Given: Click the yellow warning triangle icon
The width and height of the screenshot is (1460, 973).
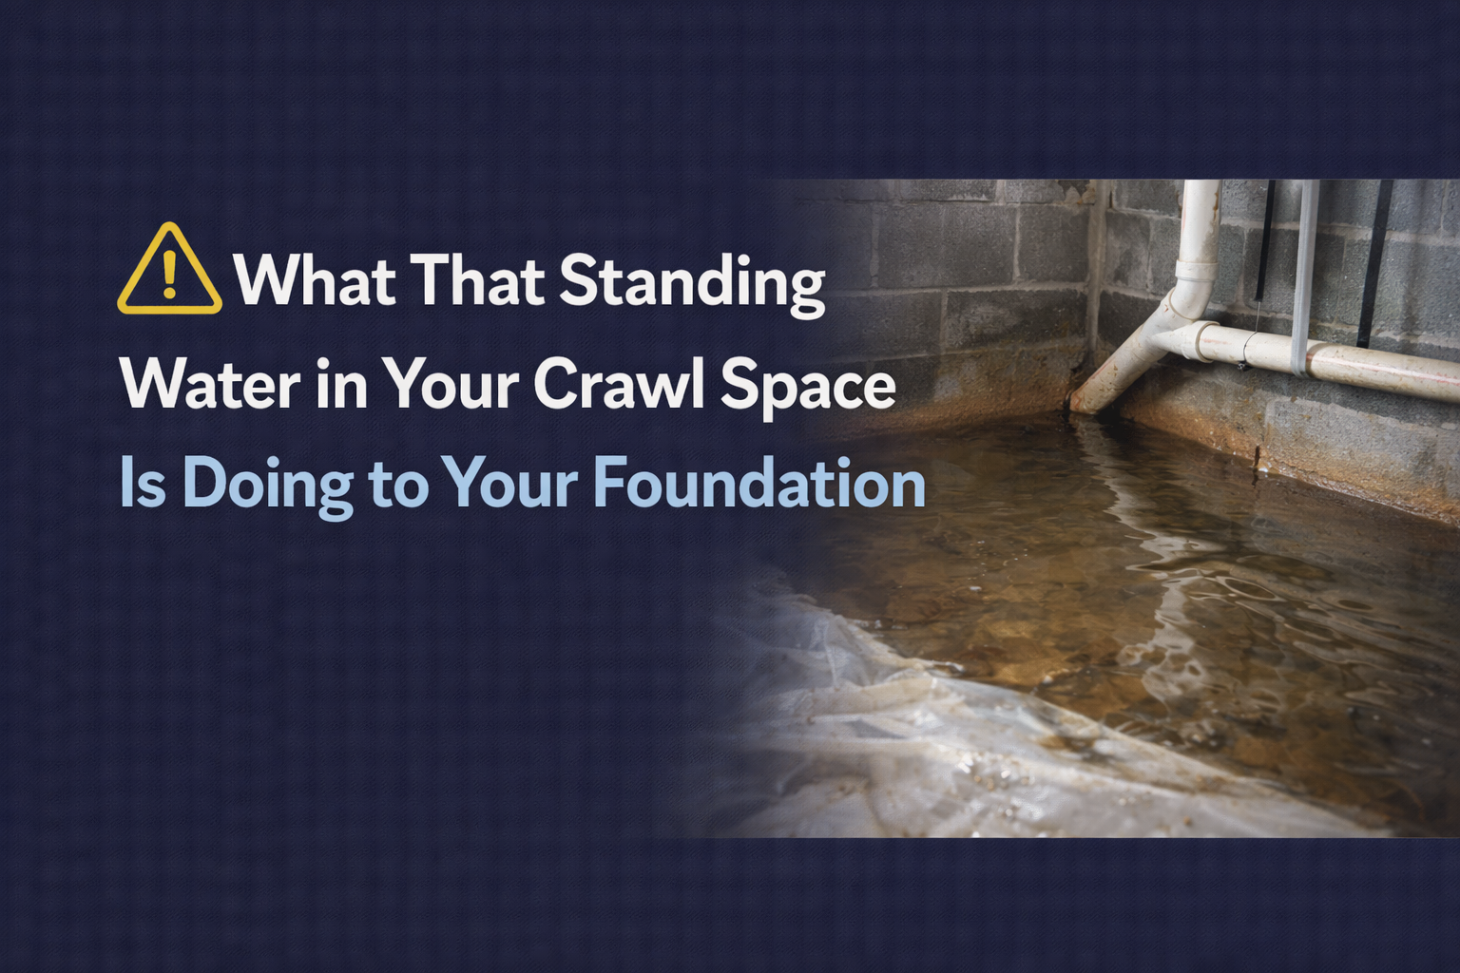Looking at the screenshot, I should tap(169, 270).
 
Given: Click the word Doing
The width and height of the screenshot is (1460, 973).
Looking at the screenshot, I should tap(267, 486).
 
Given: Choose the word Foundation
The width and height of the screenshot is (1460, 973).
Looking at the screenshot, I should tap(759, 484).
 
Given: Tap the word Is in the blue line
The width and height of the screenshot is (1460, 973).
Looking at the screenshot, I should tap(143, 484).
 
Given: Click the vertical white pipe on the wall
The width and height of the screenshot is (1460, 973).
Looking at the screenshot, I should tap(1197, 238).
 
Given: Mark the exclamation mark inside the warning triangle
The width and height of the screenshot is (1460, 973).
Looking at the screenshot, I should tap(170, 274).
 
